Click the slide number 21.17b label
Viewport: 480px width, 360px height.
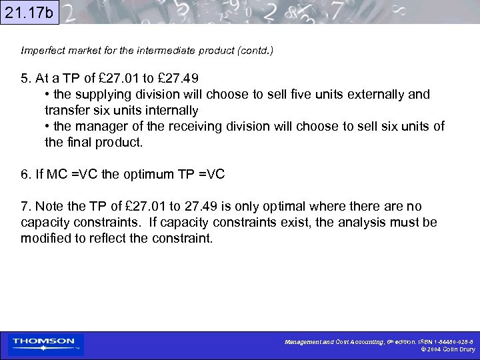[29, 12]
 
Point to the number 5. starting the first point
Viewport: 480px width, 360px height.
[26, 78]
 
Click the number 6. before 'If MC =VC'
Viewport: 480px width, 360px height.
[26, 175]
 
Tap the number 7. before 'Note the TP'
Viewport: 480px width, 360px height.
[26, 207]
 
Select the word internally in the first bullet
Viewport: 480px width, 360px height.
[168, 110]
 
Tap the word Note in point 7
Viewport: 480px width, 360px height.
[50, 207]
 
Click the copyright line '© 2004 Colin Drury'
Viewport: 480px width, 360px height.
[444, 349]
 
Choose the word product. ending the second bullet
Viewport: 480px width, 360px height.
[119, 143]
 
